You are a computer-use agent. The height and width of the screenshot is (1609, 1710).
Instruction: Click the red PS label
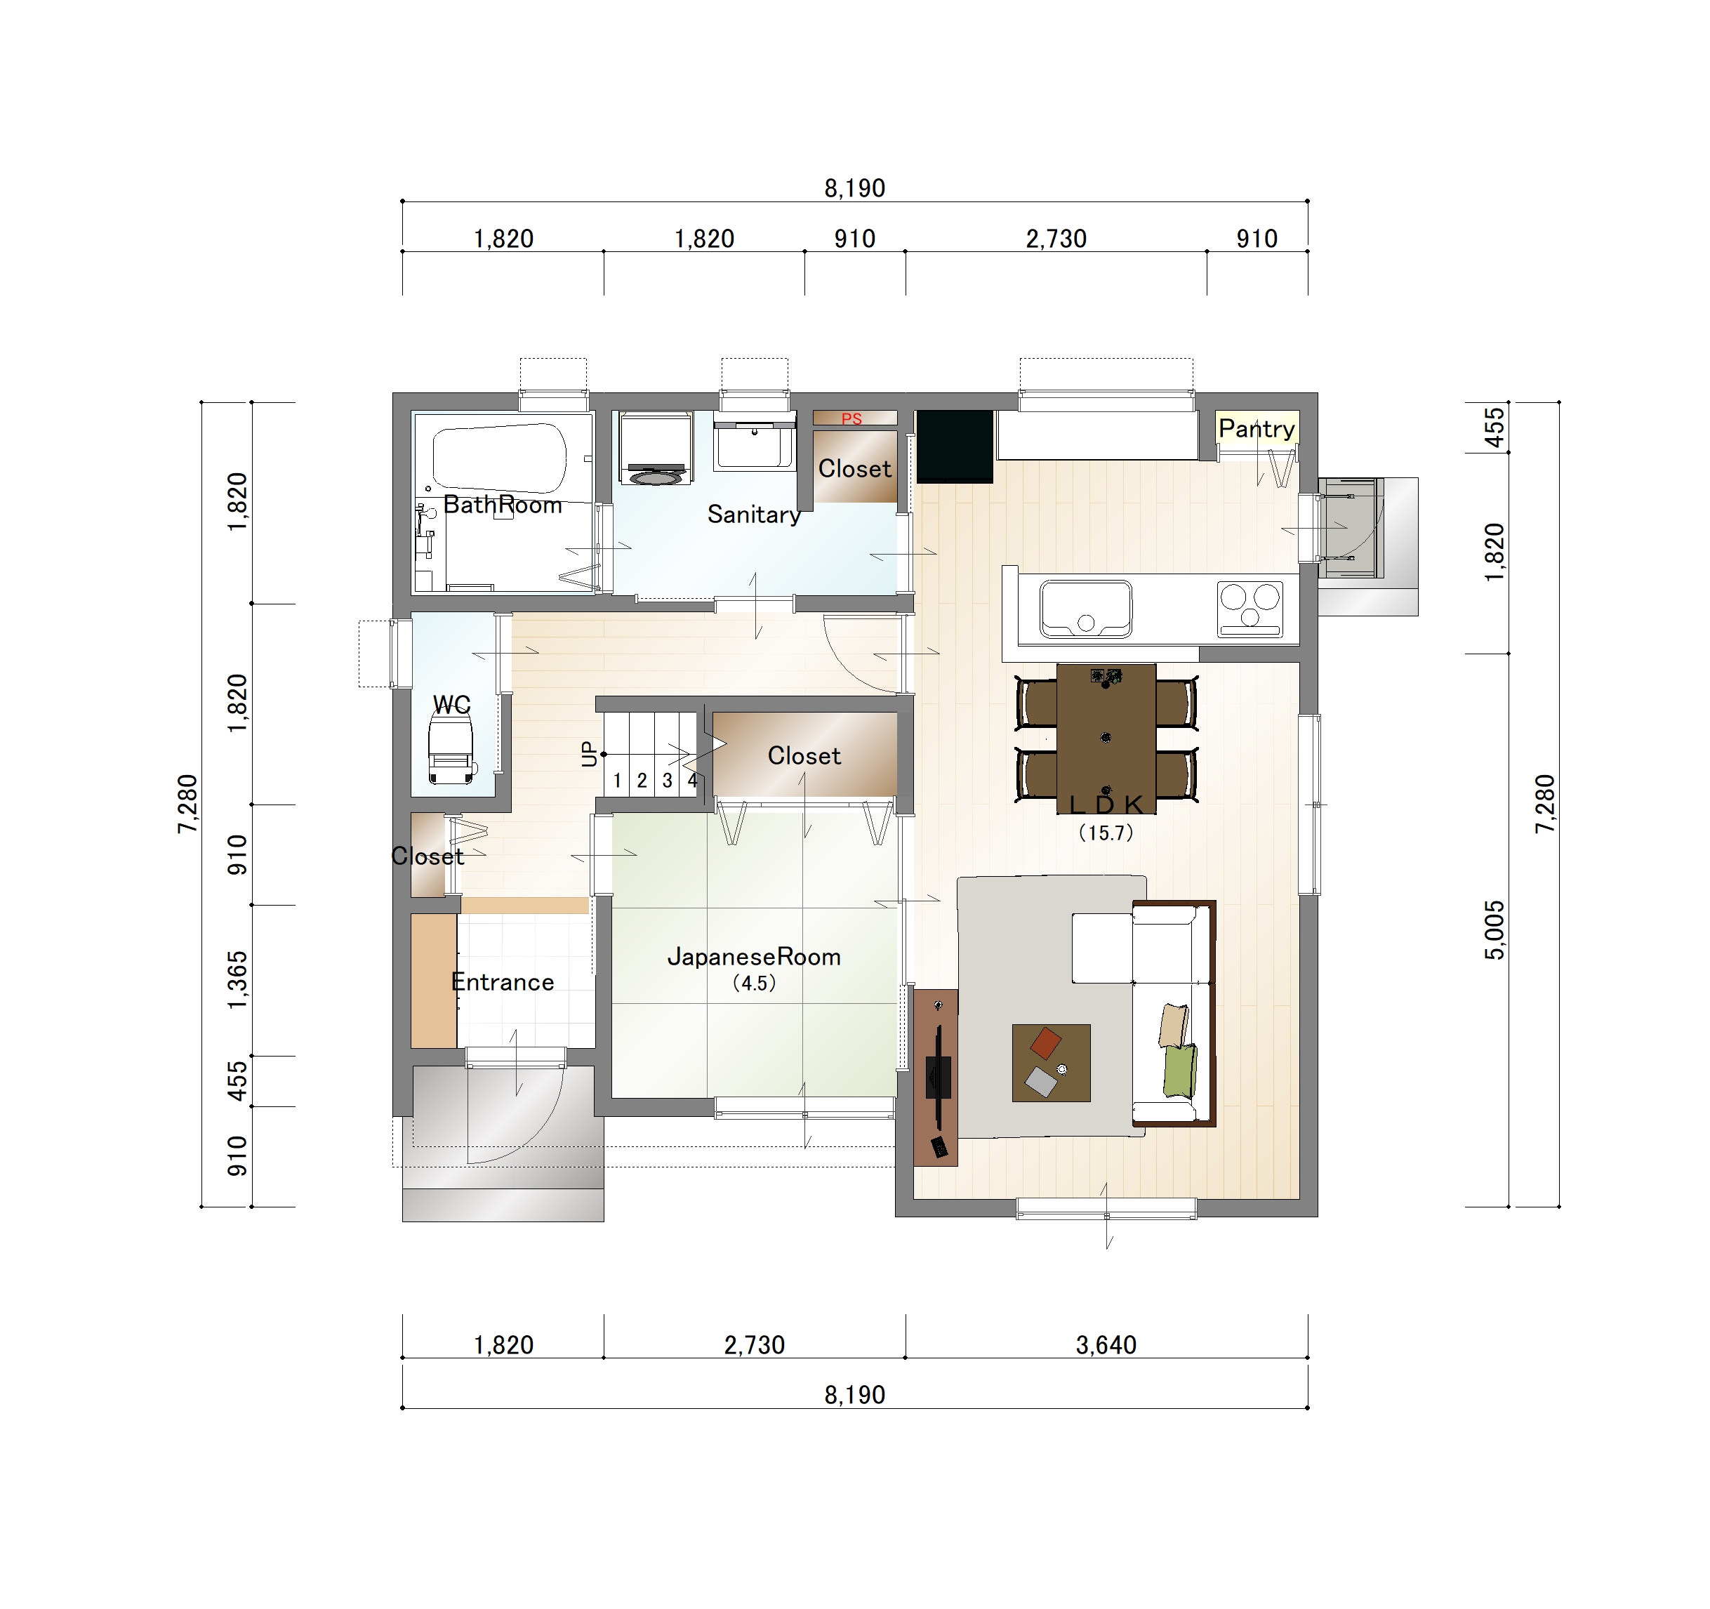click(x=851, y=419)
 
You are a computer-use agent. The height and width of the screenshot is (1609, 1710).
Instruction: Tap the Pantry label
click(x=1257, y=428)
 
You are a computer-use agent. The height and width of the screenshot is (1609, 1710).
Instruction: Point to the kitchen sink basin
click(x=1085, y=609)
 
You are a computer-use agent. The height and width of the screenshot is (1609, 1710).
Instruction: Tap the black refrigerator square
click(x=955, y=446)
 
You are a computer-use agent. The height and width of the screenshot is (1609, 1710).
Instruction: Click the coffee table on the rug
click(x=1051, y=1063)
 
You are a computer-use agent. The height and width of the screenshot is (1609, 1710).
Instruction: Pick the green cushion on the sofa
click(x=1179, y=1071)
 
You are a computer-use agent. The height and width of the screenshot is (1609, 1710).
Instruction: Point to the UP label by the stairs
click(x=589, y=754)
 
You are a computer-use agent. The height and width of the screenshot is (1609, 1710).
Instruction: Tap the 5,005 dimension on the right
click(x=1495, y=930)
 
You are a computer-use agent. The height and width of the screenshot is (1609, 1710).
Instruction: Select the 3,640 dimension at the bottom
click(x=1106, y=1345)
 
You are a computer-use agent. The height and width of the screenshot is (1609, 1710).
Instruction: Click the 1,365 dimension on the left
click(x=237, y=980)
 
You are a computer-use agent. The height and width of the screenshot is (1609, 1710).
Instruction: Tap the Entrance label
click(x=503, y=981)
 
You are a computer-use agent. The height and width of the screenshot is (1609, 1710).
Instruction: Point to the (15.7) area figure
click(x=1106, y=833)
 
